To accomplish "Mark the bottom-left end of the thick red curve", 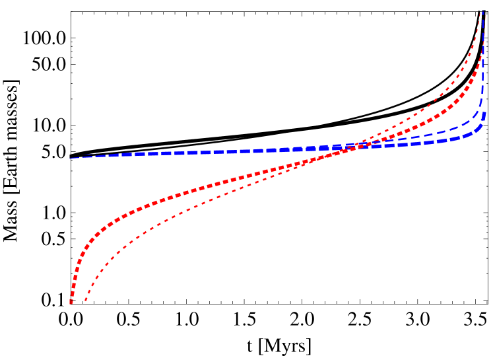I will click(71, 303).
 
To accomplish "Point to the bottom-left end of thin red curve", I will click(86, 301).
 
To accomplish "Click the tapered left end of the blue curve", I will click(71, 159).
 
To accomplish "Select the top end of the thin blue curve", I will click(482, 12).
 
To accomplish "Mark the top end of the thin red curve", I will click(481, 15).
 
